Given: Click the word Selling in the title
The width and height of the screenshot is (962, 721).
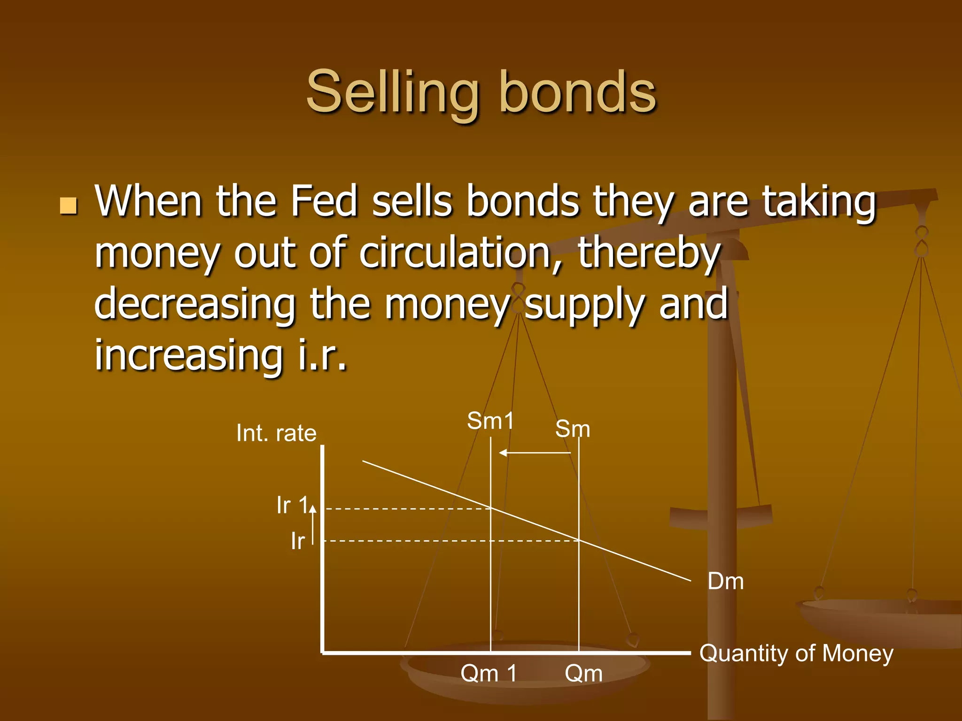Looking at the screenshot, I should tap(393, 92).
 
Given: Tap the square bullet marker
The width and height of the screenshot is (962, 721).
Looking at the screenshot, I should tap(69, 206).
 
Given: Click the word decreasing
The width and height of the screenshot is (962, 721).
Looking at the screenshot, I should tap(194, 304).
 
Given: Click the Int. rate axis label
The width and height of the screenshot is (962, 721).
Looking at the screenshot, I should tap(276, 433).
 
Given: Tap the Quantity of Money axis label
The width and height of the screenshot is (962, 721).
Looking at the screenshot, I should tap(796, 653).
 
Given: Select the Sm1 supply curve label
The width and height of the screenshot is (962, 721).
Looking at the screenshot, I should tap(490, 421).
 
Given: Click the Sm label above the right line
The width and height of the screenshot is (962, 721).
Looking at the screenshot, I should tap(572, 429).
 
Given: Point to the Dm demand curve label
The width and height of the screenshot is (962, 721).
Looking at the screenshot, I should tap(726, 582).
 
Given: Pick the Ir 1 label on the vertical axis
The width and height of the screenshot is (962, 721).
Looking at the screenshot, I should tap(292, 506).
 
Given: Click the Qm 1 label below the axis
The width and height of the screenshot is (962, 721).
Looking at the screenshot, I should tap(489, 673).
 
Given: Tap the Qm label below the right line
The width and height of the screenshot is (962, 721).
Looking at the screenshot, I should tap(583, 673).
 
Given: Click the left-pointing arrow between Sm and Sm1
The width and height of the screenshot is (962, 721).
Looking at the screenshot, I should tap(535, 453).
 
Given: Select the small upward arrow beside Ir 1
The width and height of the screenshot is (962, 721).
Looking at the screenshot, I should tap(313, 523).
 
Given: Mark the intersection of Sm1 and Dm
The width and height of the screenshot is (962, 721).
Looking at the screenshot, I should tap(490, 508).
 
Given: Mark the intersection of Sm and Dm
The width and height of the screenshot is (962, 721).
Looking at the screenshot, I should tap(579, 541).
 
